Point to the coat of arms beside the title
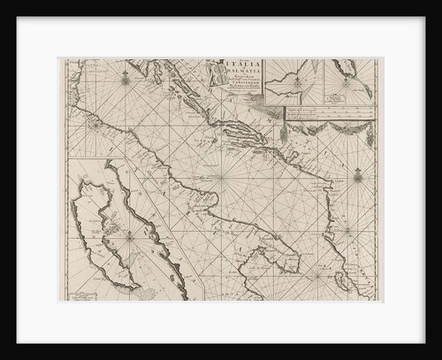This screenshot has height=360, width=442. [215, 73]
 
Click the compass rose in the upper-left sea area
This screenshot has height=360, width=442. [125, 80]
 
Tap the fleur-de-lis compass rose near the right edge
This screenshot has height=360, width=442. [358, 176]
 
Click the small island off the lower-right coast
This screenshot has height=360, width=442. [342, 282]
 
